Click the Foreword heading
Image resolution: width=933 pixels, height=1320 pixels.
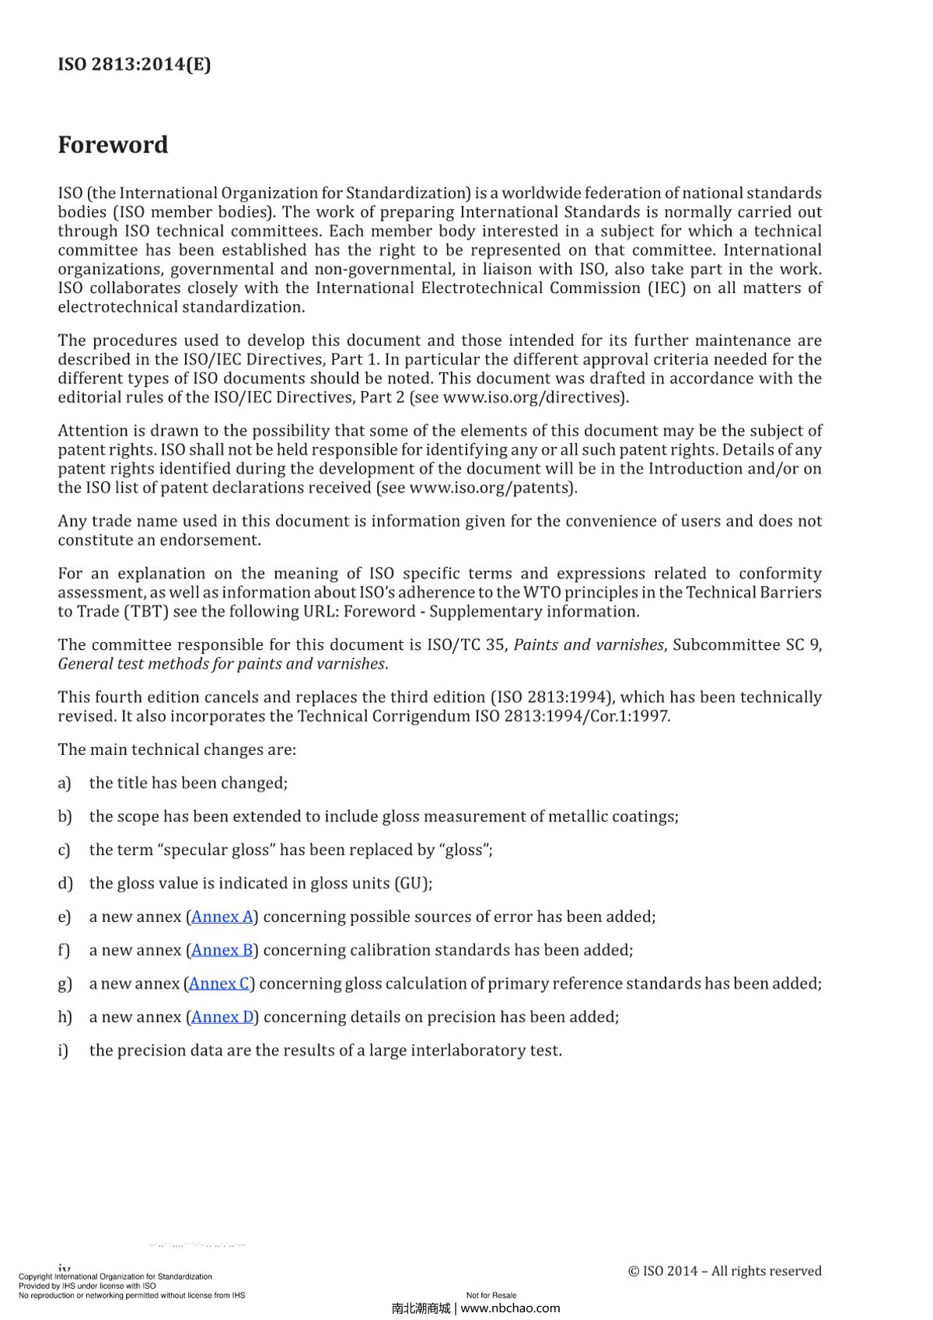click(113, 145)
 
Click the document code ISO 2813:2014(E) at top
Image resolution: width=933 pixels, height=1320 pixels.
click(134, 65)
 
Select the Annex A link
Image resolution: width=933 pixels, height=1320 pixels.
click(222, 917)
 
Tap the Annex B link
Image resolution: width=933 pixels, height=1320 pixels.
click(222, 950)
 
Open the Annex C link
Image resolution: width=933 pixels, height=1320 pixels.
click(221, 983)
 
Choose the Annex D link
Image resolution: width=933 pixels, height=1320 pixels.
click(222, 1017)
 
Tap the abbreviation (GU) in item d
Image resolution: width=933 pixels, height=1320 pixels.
click(413, 883)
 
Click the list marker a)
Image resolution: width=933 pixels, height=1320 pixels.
click(65, 783)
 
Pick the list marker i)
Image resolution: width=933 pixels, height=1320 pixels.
click(63, 1050)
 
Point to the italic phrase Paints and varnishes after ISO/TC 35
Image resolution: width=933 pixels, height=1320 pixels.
click(589, 645)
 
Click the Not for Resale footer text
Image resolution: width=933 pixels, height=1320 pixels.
click(491, 1295)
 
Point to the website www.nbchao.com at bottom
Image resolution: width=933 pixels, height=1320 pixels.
click(510, 1308)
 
